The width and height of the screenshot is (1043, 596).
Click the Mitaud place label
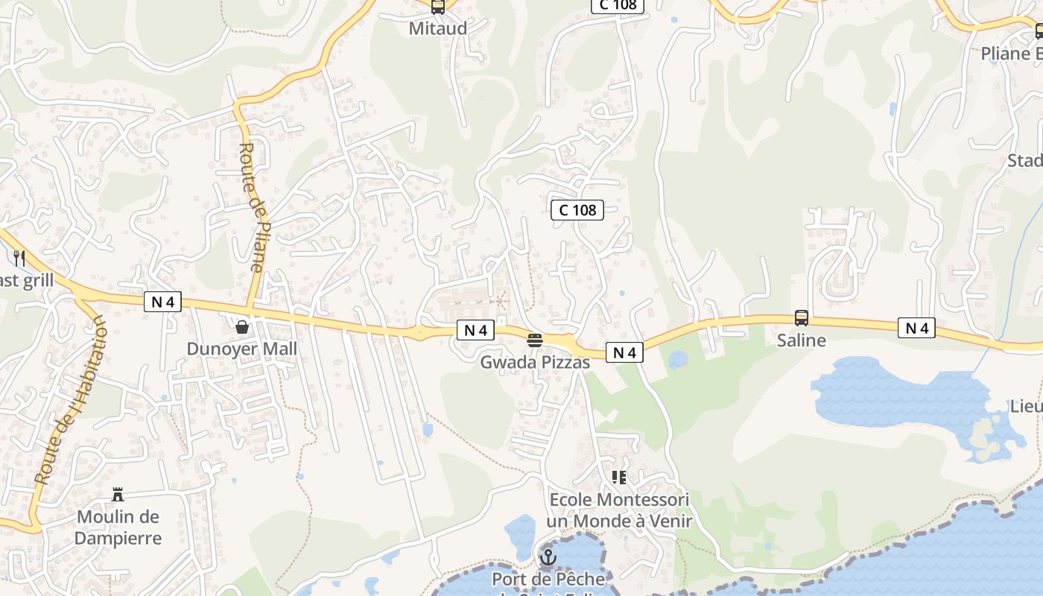click(x=438, y=28)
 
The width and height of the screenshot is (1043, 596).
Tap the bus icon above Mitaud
click(x=438, y=7)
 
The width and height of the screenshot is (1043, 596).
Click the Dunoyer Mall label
click(x=241, y=349)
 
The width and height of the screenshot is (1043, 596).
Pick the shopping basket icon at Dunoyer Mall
click(x=241, y=327)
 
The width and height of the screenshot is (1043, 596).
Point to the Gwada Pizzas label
click(x=535, y=363)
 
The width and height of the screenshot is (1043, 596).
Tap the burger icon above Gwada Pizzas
click(x=535, y=341)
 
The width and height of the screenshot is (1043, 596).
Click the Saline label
click(x=801, y=340)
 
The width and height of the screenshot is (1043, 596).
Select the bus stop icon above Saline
click(x=801, y=318)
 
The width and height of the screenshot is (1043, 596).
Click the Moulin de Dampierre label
click(x=118, y=527)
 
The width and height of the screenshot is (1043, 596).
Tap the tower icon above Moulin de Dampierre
click(x=118, y=494)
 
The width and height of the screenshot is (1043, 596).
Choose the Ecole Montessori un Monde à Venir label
click(x=619, y=510)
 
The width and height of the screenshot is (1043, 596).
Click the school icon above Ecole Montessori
click(x=619, y=477)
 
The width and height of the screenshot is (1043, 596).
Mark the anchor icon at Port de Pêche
click(x=548, y=557)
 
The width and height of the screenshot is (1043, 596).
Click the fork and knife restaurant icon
click(x=20, y=259)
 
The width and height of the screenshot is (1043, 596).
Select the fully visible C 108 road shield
click(x=577, y=210)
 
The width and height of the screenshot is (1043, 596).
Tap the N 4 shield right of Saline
click(x=916, y=328)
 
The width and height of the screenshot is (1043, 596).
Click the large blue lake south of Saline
click(x=894, y=395)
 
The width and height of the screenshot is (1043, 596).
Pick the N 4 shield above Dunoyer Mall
click(x=163, y=302)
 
